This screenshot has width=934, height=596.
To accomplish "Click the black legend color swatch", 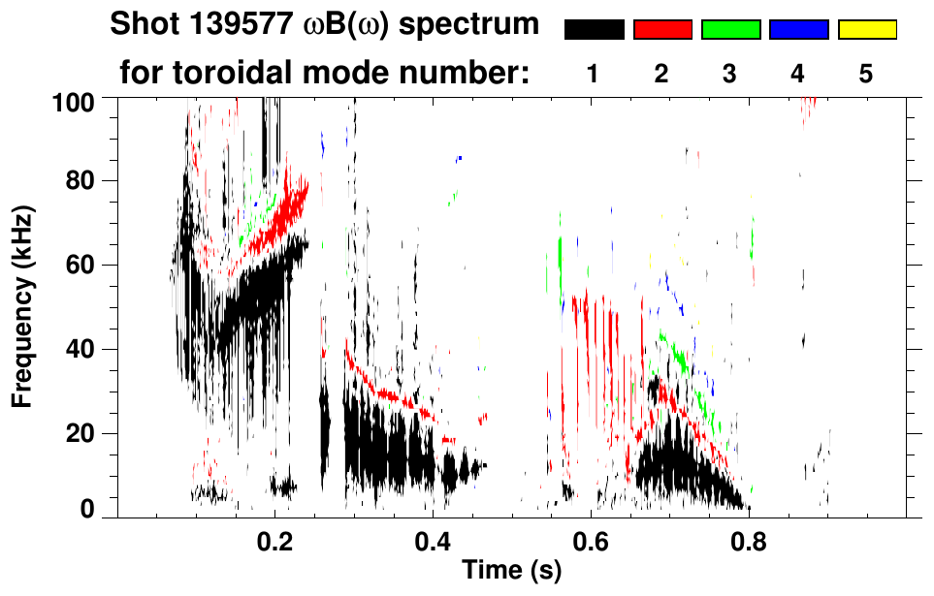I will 595,30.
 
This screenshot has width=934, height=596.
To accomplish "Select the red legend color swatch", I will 662,30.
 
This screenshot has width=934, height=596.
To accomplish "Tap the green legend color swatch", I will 730,30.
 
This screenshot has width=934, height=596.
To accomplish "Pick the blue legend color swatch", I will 798,30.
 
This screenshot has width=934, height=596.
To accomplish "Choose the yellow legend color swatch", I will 867,30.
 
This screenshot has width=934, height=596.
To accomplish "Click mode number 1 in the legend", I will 594,75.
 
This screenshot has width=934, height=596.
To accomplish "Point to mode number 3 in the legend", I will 729,75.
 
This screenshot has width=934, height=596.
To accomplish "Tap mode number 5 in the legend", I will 866,75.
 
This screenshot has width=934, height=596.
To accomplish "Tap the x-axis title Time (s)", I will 511,570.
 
